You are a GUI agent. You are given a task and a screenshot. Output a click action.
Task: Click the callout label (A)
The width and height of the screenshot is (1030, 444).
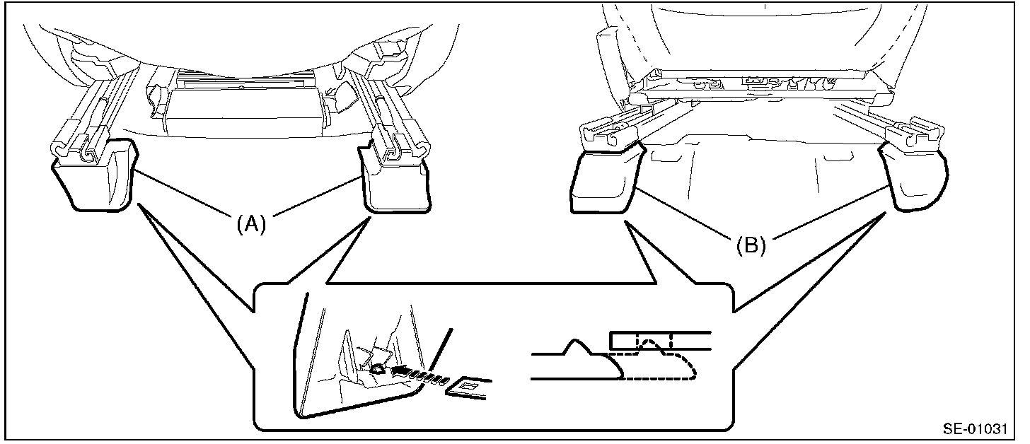[x=251, y=225]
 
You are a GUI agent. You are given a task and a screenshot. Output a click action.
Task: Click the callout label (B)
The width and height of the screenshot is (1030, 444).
[x=751, y=246]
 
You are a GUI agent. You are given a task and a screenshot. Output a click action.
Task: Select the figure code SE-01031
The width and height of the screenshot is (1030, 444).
[x=976, y=429]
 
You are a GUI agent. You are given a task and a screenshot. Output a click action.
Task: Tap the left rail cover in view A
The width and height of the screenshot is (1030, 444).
[x=94, y=177]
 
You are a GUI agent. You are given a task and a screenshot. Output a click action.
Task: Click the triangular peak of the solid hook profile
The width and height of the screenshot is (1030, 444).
[x=574, y=341]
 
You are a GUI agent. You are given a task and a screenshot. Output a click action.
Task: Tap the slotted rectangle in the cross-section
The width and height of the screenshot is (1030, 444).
[x=660, y=341]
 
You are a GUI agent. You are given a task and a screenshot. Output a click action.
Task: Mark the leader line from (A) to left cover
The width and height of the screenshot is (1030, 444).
[x=180, y=194]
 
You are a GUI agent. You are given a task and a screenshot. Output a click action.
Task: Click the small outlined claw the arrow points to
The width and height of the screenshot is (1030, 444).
[x=378, y=369]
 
